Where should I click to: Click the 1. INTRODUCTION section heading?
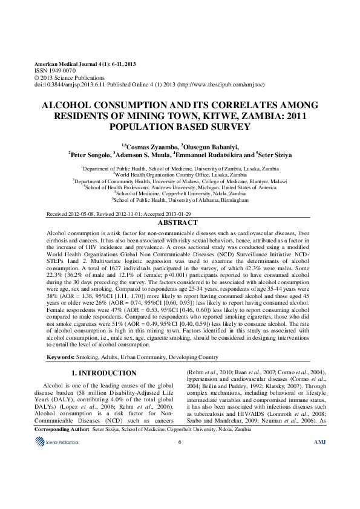(103, 373)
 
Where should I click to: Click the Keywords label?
(62, 357)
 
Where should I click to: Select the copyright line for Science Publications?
(64, 77)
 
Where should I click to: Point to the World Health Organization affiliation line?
(180, 174)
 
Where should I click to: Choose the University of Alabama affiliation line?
(180, 199)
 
